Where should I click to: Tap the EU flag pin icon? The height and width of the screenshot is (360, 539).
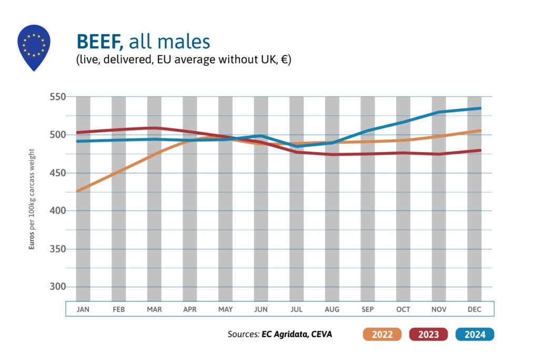click(x=34, y=46)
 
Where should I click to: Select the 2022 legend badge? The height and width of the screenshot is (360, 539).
click(x=382, y=334)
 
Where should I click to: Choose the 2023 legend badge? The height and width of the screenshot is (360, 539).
click(x=427, y=334)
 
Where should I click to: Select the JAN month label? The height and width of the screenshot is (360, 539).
click(x=83, y=309)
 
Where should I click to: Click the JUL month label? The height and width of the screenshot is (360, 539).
click(x=296, y=309)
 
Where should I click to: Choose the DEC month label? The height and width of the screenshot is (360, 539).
click(x=474, y=309)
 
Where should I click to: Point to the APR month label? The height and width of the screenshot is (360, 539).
click(x=190, y=309)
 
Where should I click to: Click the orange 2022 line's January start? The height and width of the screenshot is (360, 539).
click(x=77, y=191)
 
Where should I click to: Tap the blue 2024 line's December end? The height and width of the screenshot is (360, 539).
click(x=480, y=108)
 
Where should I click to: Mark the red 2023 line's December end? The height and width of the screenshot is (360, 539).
click(x=480, y=151)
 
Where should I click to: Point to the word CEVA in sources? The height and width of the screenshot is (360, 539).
click(x=322, y=334)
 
